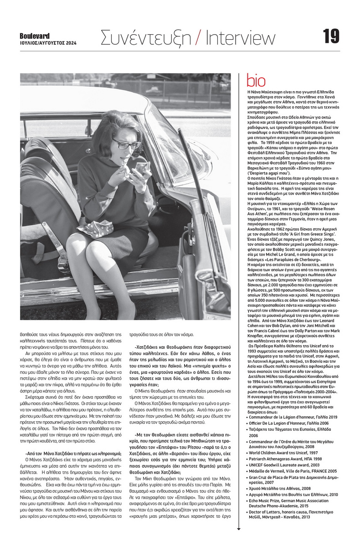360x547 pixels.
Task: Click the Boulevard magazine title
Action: coord(35,36)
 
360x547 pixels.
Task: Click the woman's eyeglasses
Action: coord(118,144)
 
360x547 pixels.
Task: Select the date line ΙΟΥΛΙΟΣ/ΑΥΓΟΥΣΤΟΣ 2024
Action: coord(48,43)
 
